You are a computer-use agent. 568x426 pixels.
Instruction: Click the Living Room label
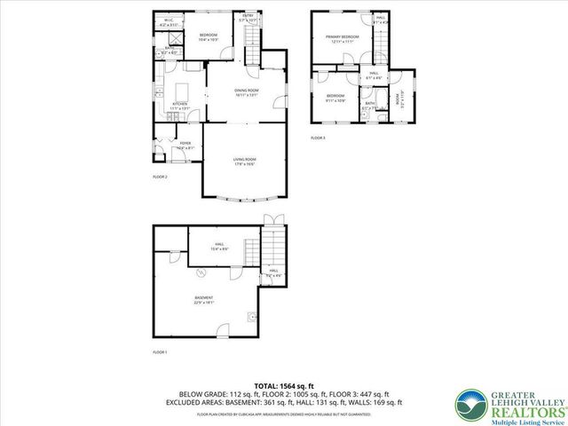tap(245, 161)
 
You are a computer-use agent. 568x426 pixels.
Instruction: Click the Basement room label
tap(205, 299)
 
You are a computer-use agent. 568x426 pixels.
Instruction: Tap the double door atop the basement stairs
tap(271, 219)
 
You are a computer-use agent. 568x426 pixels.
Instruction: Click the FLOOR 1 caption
tap(160, 352)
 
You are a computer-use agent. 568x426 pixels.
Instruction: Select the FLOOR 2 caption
tap(160, 177)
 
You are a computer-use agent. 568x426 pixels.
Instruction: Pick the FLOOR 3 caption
tap(318, 138)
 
